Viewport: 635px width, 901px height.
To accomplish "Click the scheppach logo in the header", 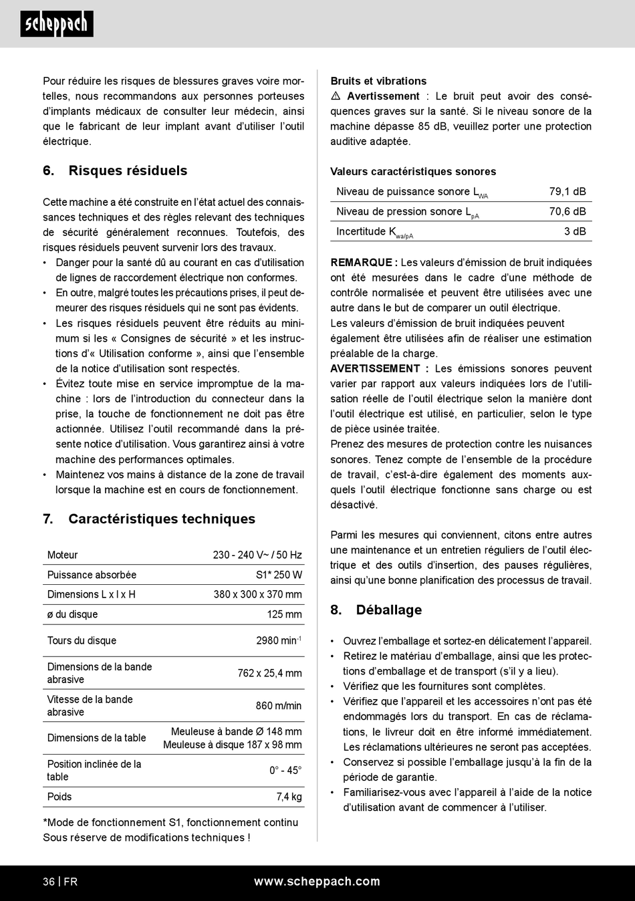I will (57, 25).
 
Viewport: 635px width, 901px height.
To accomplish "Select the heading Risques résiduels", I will (128, 170).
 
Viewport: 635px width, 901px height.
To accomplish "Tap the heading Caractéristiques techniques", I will (162, 519).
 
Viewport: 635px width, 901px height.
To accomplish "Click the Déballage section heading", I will (389, 610).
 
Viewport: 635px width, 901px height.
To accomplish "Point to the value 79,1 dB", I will (567, 191).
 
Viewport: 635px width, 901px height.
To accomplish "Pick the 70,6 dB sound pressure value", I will (567, 211).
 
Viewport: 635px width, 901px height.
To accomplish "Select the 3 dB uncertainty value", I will (575, 231).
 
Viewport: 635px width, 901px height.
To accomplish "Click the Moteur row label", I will (63, 555).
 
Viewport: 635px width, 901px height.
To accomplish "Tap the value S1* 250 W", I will (279, 575).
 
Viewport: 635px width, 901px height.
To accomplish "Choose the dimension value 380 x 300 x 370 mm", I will (257, 594).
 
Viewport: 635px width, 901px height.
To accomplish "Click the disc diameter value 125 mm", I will (284, 614).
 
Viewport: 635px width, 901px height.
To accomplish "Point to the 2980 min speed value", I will (278, 640).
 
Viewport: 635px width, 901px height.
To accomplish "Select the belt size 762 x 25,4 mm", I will (269, 673).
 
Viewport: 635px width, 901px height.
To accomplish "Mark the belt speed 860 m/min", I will (278, 706).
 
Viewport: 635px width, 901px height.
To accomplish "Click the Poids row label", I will (59, 797).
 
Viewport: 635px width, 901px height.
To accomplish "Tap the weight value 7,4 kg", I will (289, 797).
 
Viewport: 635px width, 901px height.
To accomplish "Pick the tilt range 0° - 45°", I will (285, 771).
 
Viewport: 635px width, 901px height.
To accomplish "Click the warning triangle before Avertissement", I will (336, 96).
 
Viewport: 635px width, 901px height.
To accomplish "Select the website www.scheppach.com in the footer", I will (317, 882).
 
